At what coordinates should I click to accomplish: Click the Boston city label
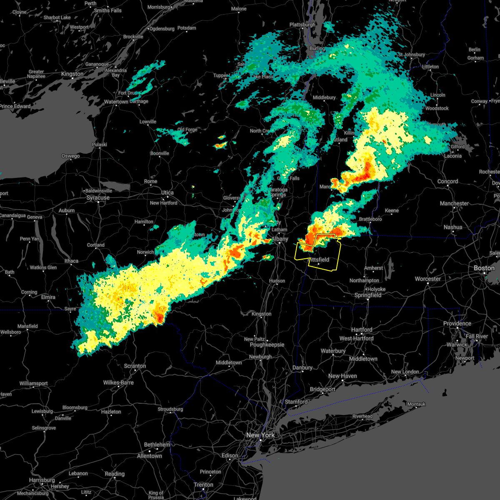(484, 268)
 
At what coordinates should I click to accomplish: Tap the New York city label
(260, 435)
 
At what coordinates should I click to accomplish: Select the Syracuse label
(98, 197)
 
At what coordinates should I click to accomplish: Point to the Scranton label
(135, 366)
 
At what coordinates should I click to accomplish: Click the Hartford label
(362, 330)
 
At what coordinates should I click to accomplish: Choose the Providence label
(457, 324)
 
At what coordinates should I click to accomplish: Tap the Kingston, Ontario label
(72, 74)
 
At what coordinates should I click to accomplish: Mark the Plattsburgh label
(302, 25)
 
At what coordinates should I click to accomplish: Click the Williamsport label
(34, 383)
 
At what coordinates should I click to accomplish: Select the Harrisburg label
(42, 480)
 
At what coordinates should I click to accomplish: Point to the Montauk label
(416, 404)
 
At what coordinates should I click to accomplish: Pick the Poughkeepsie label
(267, 345)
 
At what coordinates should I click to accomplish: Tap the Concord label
(447, 182)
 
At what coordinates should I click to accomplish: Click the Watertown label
(116, 102)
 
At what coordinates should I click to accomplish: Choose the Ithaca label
(71, 261)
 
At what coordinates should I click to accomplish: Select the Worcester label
(428, 279)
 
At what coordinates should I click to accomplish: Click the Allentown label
(149, 456)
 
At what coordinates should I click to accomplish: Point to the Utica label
(167, 193)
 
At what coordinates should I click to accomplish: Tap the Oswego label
(70, 156)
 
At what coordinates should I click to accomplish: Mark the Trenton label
(204, 485)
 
